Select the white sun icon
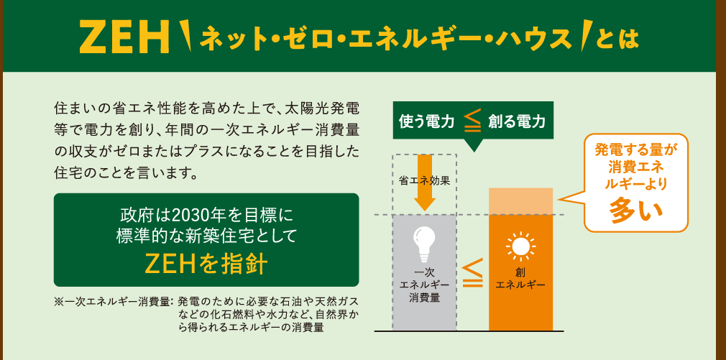coord(520,246)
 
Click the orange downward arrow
coord(425,183)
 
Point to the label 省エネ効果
coord(424,181)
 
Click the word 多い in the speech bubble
coord(635,210)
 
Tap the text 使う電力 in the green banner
coord(426,121)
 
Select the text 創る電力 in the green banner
coord(517,121)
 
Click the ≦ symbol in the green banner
coord(472,121)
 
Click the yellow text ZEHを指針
coord(206,264)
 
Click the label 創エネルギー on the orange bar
coord(520,279)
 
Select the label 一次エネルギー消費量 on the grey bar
coord(424,285)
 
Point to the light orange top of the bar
coord(521,201)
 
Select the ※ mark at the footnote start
coord(59,303)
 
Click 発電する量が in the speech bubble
coord(635,150)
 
